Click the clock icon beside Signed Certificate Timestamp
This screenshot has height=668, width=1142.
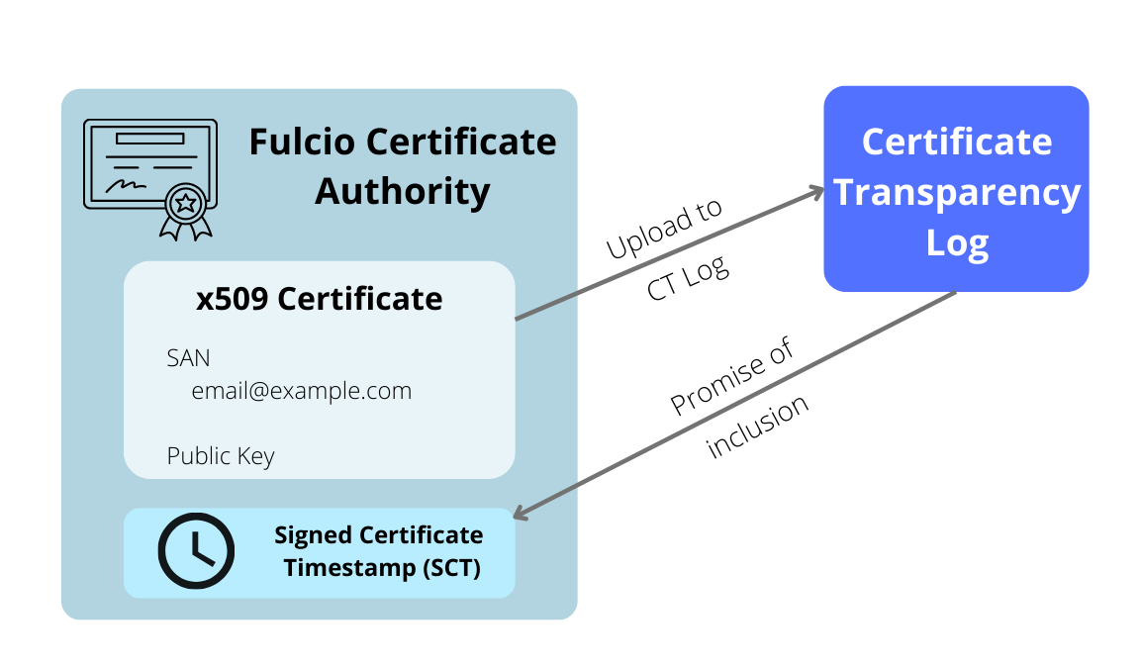click(x=196, y=551)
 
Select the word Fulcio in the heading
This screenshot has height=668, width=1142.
click(x=301, y=142)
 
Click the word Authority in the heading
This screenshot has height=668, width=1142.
click(x=402, y=191)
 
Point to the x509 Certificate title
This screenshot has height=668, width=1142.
click(x=319, y=298)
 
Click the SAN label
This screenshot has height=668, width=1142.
click(x=188, y=357)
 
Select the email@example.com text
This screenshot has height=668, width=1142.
click(x=301, y=391)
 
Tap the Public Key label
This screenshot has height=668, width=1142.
click(x=220, y=456)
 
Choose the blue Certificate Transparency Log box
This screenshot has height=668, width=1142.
click(x=956, y=188)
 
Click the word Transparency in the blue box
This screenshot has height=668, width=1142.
click(x=956, y=192)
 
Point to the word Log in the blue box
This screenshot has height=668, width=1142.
click(x=957, y=242)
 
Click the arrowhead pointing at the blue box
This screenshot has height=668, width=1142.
click(x=817, y=191)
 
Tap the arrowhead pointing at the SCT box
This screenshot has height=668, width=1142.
click(x=522, y=514)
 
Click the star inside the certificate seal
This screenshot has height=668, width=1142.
click(x=185, y=204)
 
